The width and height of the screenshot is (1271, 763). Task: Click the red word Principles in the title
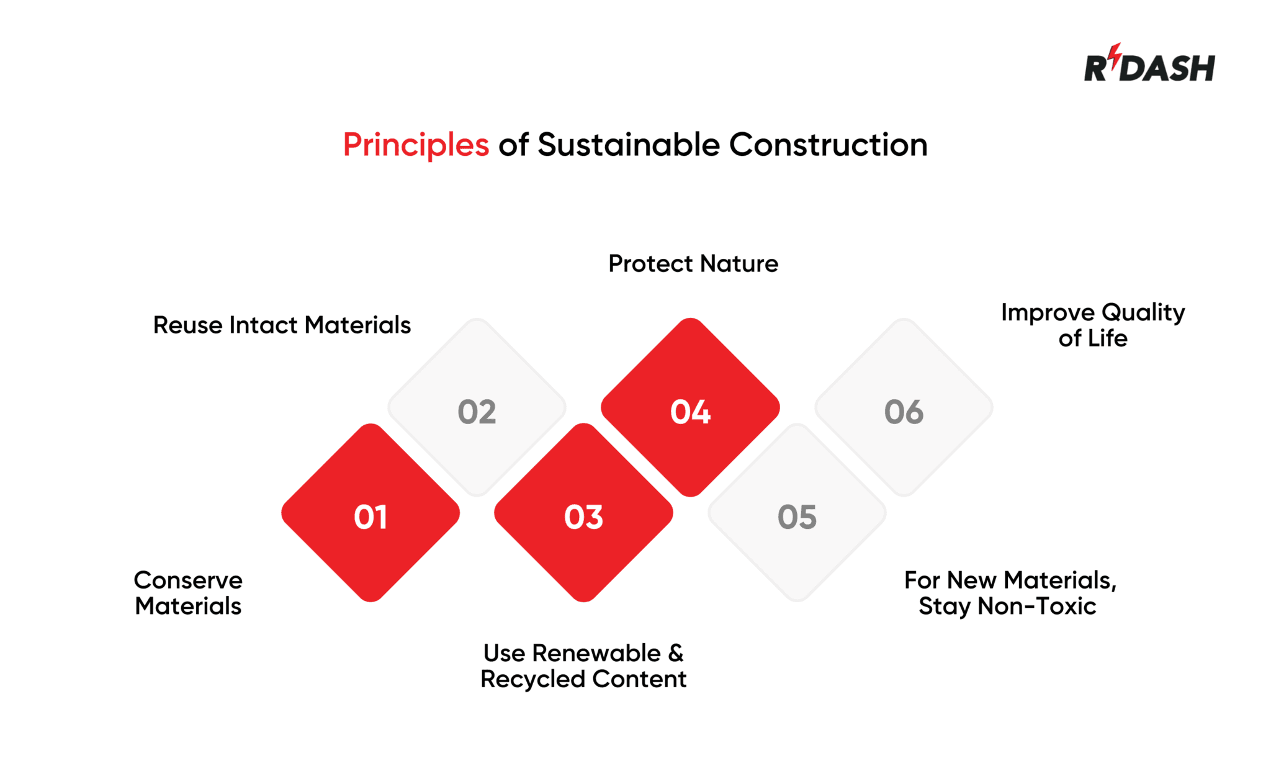tap(416, 145)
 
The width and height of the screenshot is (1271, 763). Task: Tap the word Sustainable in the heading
tap(628, 145)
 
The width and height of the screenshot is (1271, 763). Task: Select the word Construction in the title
tap(828, 145)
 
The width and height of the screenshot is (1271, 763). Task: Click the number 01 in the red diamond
tap(371, 517)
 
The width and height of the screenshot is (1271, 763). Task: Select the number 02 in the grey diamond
tap(477, 412)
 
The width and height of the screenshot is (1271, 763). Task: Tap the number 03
tap(583, 517)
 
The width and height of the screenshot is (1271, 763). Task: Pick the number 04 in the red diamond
tap(690, 412)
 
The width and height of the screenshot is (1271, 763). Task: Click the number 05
tap(797, 517)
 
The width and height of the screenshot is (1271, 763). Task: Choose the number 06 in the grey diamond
tap(904, 412)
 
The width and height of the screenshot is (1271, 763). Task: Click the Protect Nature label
tap(693, 264)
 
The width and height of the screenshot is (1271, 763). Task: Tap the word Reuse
tap(187, 325)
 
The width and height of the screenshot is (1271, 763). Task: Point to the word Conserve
tap(188, 580)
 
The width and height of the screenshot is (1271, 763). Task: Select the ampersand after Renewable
tap(676, 653)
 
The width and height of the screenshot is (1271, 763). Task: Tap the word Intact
tap(264, 325)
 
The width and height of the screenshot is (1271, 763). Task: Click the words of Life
tap(1092, 338)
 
